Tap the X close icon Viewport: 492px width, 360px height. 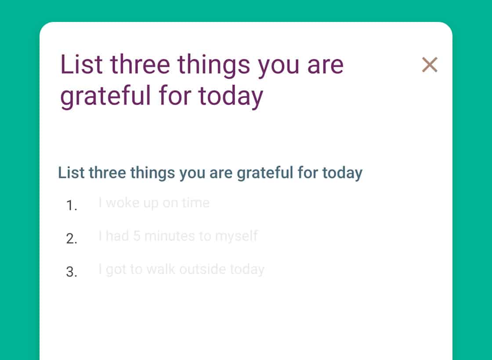430,65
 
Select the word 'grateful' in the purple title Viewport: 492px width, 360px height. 105,97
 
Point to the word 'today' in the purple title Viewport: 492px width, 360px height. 231,97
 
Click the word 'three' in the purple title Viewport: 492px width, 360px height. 140,65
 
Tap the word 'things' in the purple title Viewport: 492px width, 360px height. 214,66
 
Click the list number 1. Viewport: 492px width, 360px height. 72,206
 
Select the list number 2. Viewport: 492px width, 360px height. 72,239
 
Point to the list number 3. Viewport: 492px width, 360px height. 72,272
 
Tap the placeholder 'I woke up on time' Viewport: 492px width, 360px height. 154,203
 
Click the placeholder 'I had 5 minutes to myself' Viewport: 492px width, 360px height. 178,237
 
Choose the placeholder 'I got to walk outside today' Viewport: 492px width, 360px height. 181,270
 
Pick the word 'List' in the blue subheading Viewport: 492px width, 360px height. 71,173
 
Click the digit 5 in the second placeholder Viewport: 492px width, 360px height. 137,236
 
